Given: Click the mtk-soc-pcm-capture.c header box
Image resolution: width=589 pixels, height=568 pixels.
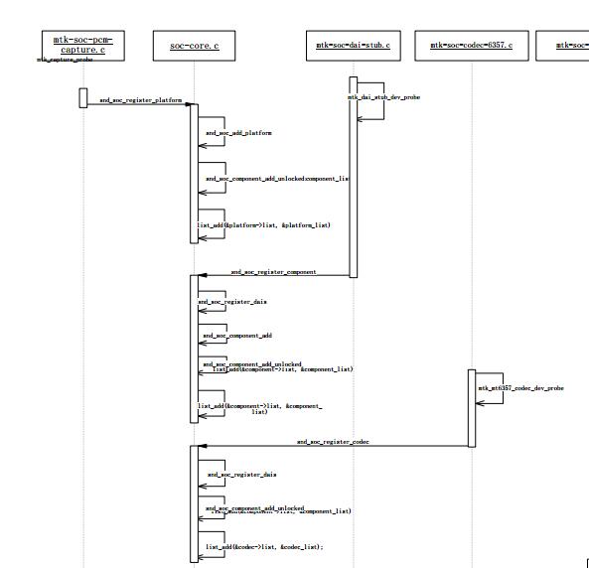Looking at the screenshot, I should pyautogui.click(x=83, y=45).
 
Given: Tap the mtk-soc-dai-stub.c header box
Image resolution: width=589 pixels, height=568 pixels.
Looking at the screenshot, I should pyautogui.click(x=353, y=46).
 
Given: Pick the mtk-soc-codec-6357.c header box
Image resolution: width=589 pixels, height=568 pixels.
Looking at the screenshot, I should pyautogui.click(x=471, y=46).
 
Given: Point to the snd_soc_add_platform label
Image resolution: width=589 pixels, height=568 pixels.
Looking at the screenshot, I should pyautogui.click(x=238, y=133).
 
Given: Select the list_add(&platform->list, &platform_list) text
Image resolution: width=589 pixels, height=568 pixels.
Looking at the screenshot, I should pyautogui.click(x=264, y=225).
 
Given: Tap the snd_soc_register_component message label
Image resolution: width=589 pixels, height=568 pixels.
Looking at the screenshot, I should pyautogui.click(x=273, y=271).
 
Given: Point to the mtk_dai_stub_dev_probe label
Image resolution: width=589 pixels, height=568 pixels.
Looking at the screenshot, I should pyautogui.click(x=383, y=97).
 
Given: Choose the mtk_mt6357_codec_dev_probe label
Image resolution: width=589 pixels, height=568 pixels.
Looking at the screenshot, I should pyautogui.click(x=520, y=388).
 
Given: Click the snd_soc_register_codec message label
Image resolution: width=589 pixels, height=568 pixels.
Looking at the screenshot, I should pyautogui.click(x=332, y=441).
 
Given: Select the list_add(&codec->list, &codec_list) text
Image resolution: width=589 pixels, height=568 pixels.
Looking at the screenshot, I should pyautogui.click(x=264, y=547).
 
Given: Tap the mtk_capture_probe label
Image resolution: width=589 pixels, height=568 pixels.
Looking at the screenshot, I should pyautogui.click(x=65, y=61).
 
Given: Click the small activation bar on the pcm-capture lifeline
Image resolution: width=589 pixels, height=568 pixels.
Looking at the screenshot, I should pyautogui.click(x=83, y=97).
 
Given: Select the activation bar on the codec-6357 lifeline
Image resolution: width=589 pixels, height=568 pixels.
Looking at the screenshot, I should pyautogui.click(x=472, y=407).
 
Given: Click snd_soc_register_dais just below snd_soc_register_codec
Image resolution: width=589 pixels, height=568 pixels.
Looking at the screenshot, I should pyautogui.click(x=241, y=475).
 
